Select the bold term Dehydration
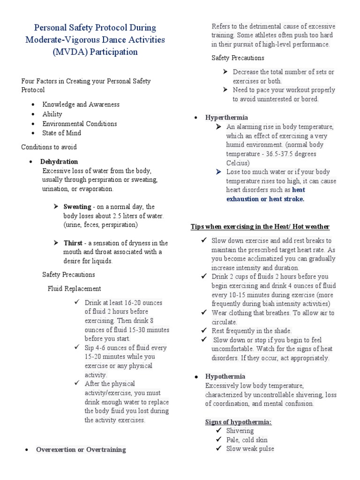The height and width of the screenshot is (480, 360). [59, 161]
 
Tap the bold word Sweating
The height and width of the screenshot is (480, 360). [77, 207]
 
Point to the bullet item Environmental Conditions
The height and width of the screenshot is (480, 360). [80, 124]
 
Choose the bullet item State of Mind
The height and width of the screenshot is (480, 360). [61, 133]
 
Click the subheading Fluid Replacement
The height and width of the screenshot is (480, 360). [74, 288]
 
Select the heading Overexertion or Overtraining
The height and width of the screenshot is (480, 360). [81, 450]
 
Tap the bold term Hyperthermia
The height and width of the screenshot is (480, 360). [226, 117]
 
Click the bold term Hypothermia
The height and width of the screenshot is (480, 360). [225, 376]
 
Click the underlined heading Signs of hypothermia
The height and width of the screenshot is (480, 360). [239, 422]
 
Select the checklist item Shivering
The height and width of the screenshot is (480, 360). [240, 431]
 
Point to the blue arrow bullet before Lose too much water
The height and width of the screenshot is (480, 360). [217, 172]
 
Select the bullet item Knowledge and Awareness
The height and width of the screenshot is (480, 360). [81, 105]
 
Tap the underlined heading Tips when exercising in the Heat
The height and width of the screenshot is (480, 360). [260, 227]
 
